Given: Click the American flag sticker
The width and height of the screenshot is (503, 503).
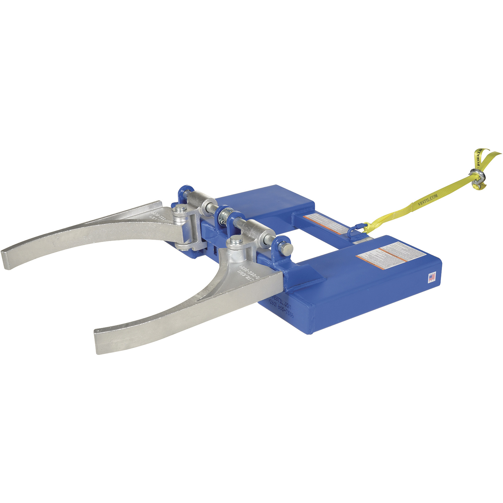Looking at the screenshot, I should click(x=432, y=278).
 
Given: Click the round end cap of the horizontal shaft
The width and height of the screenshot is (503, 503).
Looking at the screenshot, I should click(x=287, y=250).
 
